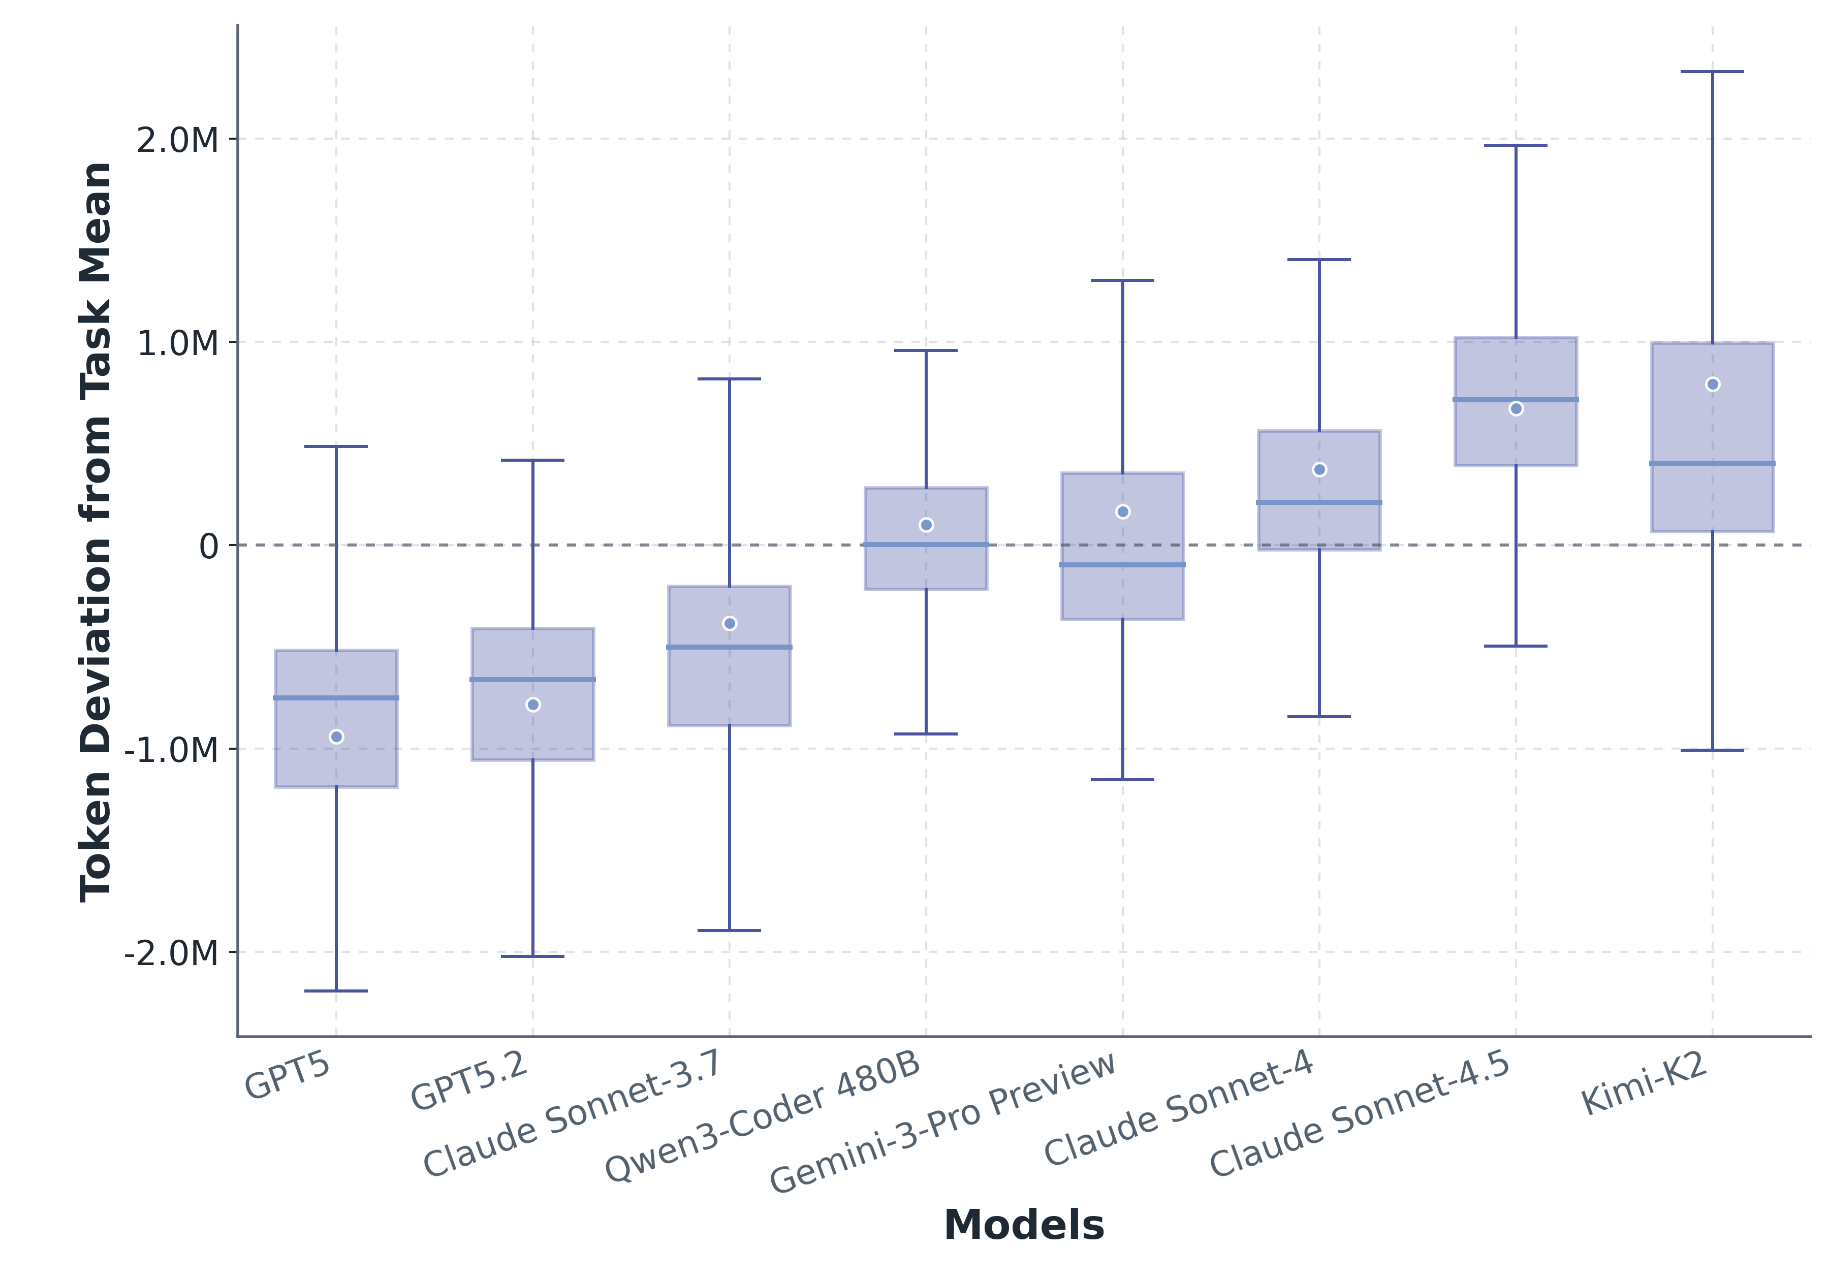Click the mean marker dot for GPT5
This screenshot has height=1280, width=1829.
[336, 737]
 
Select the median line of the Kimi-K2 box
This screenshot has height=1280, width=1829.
[1712, 463]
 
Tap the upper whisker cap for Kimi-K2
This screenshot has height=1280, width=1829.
[1712, 72]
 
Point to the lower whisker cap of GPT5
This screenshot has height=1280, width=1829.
[336, 991]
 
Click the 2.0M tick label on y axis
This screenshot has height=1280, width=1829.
[177, 140]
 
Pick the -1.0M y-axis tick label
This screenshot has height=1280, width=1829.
[171, 750]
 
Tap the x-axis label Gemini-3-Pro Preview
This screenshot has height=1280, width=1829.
[943, 1123]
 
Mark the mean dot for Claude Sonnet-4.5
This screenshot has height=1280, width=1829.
[1516, 408]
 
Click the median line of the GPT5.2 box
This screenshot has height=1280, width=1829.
[533, 680]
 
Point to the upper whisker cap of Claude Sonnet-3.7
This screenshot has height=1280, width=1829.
[729, 379]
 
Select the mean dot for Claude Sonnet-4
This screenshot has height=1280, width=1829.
[1319, 470]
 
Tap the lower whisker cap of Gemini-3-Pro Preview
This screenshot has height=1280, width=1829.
[1122, 780]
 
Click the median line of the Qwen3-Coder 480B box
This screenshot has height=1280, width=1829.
[926, 545]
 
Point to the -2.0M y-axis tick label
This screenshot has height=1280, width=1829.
[171, 952]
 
